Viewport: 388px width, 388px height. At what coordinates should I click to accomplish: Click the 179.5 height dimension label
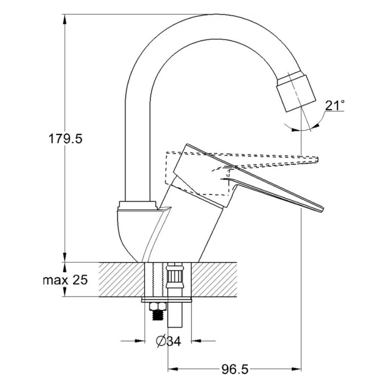tap(65, 139)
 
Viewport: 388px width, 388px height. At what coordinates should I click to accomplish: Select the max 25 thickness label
tap(65, 280)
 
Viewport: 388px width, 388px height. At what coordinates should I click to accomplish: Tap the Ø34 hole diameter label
tap(168, 341)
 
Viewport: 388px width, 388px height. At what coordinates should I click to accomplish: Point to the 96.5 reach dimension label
tap(235, 370)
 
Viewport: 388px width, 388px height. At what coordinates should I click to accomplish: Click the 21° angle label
tap(335, 106)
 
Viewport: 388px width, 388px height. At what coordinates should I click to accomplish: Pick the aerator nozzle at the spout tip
tap(296, 92)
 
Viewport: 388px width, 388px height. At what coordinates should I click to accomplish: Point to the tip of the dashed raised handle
tap(317, 159)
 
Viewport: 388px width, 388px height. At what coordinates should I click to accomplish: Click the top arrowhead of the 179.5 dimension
tap(65, 19)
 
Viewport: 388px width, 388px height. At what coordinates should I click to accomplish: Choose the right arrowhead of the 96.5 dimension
tap(296, 369)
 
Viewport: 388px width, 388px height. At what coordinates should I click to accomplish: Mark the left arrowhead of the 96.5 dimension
tap(173, 369)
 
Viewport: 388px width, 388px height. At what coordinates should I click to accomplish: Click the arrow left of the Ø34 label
tap(133, 341)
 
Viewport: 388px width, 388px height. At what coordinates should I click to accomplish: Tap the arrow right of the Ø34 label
tap(203, 341)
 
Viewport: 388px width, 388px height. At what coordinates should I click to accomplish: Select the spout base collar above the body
tap(138, 205)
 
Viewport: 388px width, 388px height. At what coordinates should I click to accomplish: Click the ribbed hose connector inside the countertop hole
tap(175, 277)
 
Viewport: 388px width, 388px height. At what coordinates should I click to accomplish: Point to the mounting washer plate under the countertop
tap(167, 300)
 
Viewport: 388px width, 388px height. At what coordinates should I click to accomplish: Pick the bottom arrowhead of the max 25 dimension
tap(65, 292)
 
